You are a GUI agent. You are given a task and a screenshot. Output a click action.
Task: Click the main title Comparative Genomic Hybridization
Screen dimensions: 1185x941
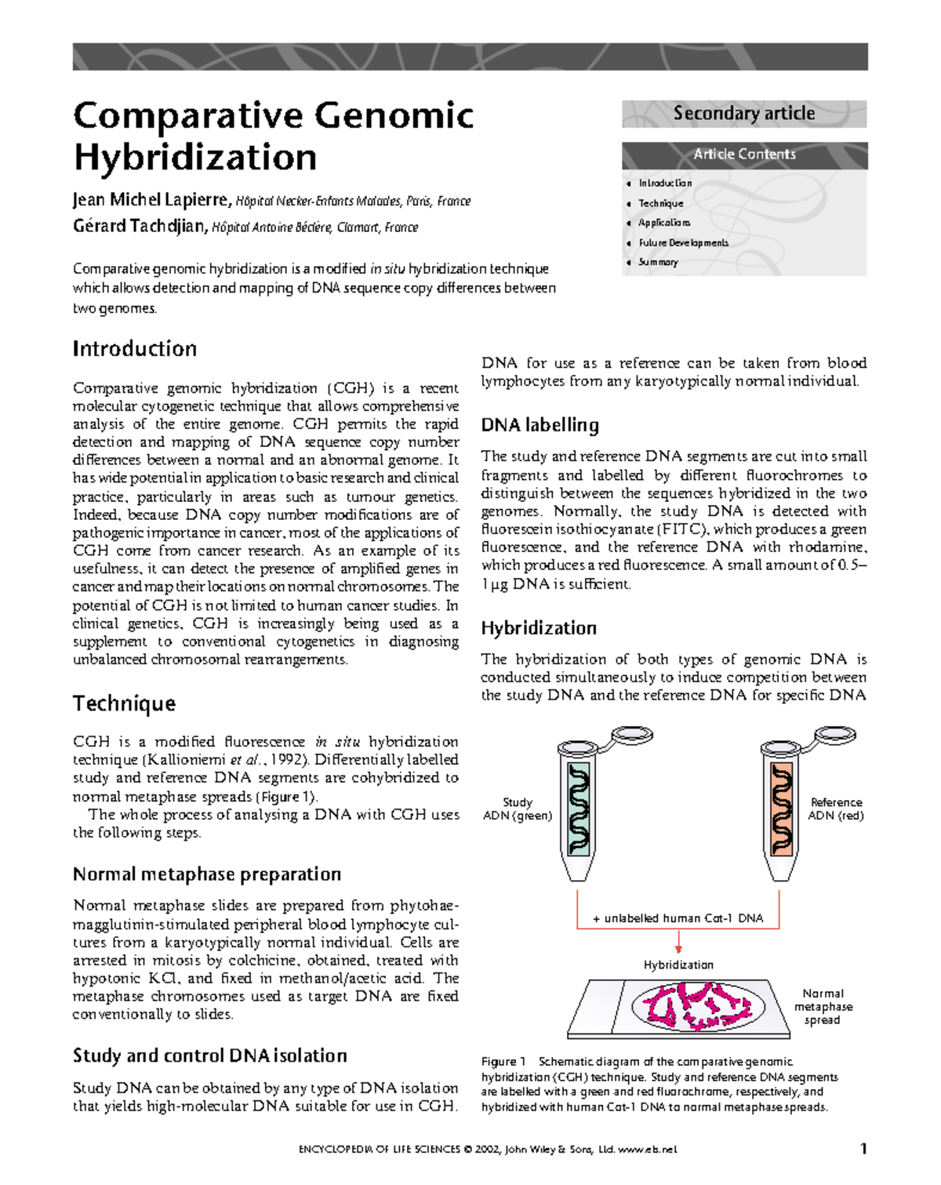pyautogui.click(x=273, y=136)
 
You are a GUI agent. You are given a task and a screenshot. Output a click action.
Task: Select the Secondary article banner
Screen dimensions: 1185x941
pyautogui.click(x=743, y=114)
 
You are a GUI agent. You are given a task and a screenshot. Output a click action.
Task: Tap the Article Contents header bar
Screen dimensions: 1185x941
pyautogui.click(x=743, y=154)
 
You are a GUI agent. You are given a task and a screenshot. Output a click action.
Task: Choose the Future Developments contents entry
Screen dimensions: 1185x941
pyautogui.click(x=682, y=242)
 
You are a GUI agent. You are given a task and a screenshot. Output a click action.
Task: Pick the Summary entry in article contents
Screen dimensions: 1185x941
pyautogui.click(x=657, y=262)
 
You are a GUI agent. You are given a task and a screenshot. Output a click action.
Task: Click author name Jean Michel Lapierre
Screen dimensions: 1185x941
pyautogui.click(x=151, y=200)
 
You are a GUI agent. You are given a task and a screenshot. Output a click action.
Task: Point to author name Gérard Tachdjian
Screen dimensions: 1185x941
pyautogui.click(x=140, y=227)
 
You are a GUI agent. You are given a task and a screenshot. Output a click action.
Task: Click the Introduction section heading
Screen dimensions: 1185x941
pyautogui.click(x=134, y=348)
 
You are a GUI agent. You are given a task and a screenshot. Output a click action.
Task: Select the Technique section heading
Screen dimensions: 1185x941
pyautogui.click(x=124, y=703)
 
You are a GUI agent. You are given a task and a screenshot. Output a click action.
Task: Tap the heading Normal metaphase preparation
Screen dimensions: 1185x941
pyautogui.click(x=206, y=874)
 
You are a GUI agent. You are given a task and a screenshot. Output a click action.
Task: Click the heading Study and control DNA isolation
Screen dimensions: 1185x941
pyautogui.click(x=209, y=1056)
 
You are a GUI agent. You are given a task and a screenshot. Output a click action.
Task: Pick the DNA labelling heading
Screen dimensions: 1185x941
pyautogui.click(x=540, y=425)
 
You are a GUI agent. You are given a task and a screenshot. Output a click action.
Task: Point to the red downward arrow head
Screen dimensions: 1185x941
pyautogui.click(x=678, y=949)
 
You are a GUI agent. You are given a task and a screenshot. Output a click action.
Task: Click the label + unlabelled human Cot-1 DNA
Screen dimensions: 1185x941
pyautogui.click(x=678, y=918)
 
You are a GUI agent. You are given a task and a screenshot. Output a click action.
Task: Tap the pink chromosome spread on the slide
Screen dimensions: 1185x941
pyautogui.click(x=696, y=1005)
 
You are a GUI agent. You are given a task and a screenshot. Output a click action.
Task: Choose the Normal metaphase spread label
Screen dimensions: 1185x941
pyautogui.click(x=823, y=1006)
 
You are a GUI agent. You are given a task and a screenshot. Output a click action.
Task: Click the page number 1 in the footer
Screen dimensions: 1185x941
pyautogui.click(x=863, y=1149)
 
